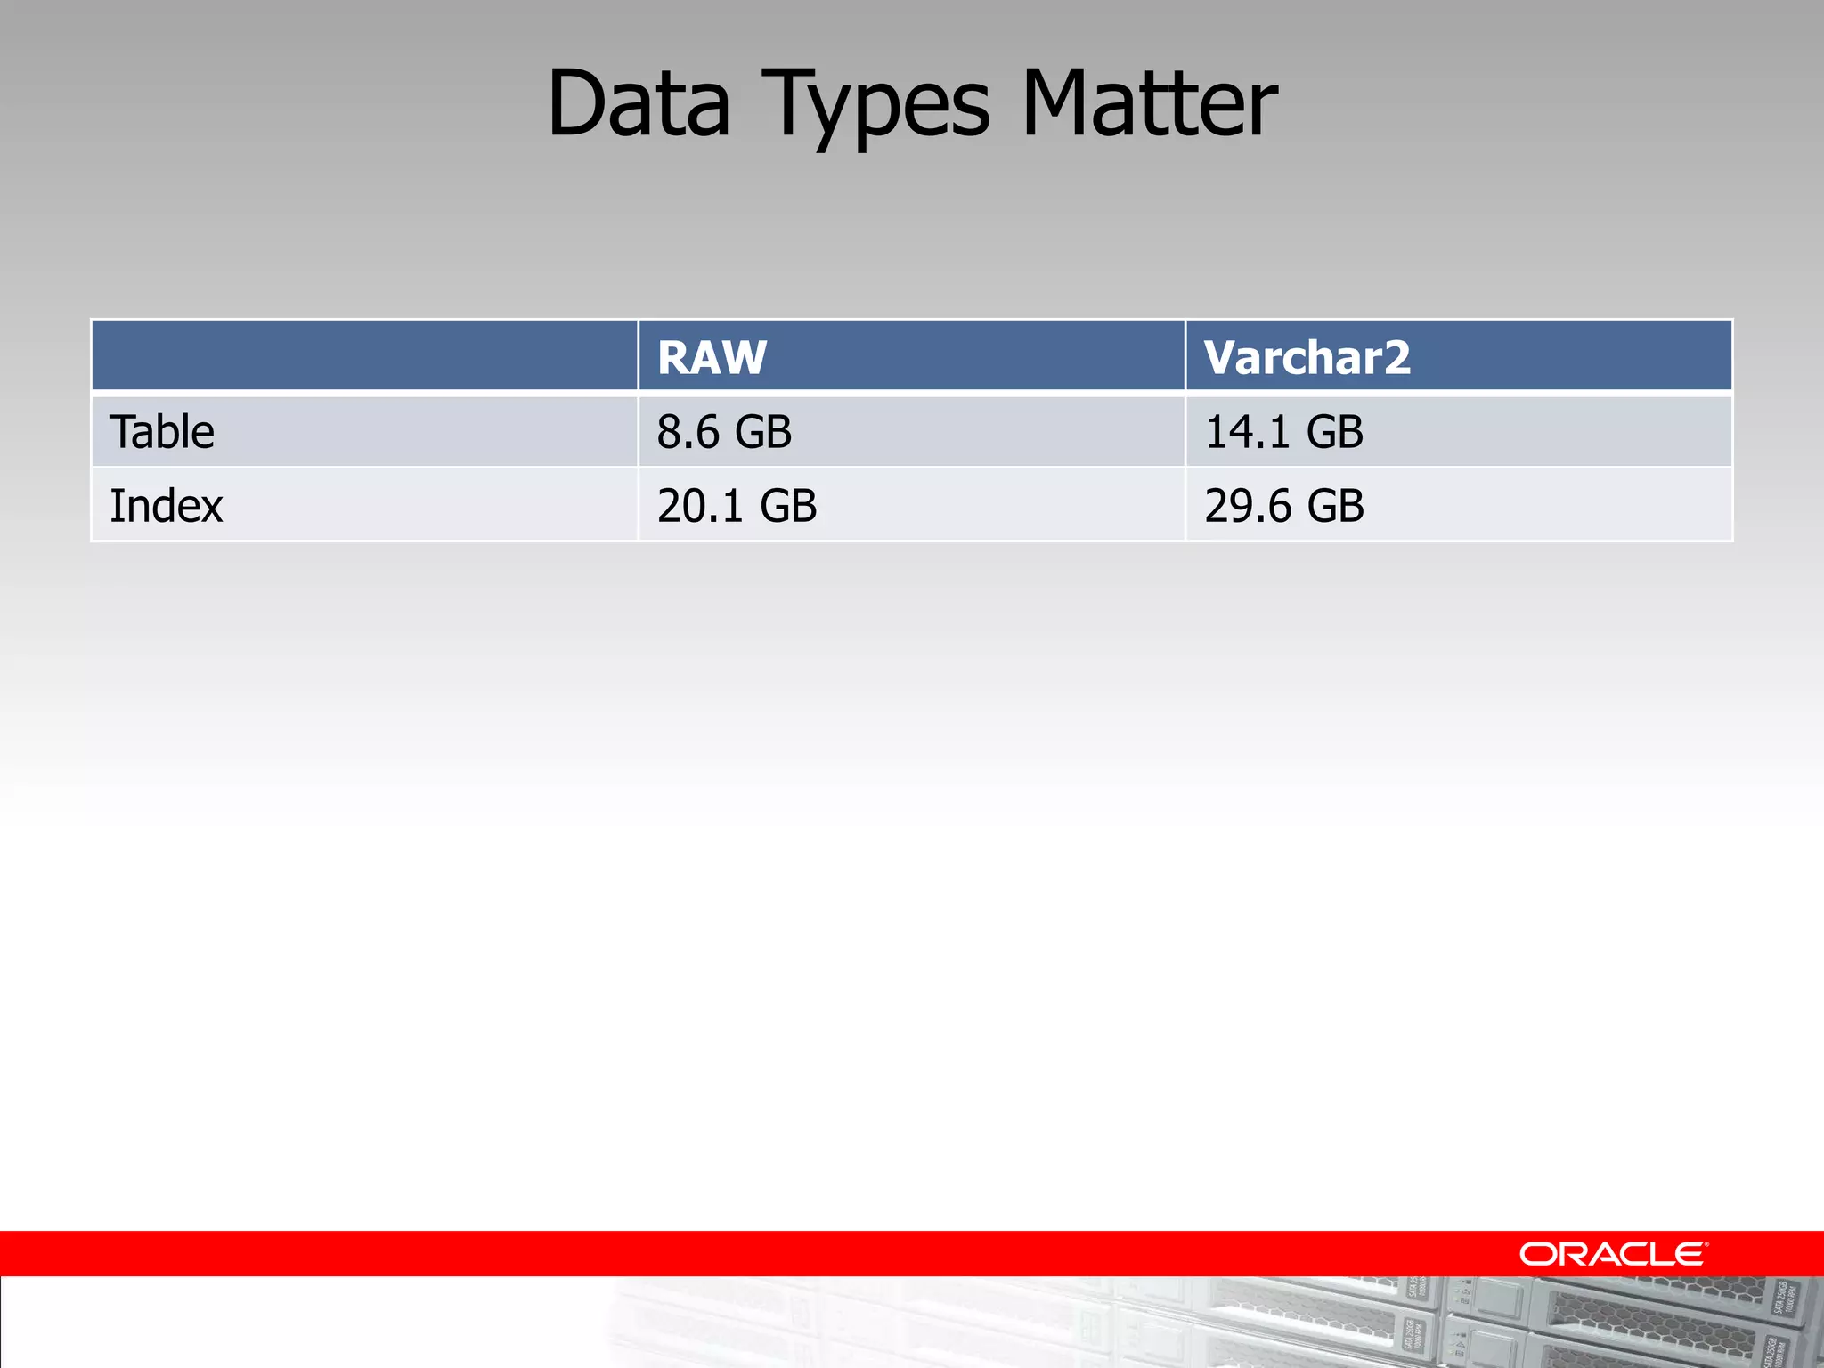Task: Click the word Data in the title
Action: [x=639, y=104]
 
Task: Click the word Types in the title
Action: [x=877, y=104]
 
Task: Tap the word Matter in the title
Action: [x=1149, y=104]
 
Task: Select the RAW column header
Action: [x=712, y=357]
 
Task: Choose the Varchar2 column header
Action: [x=1307, y=357]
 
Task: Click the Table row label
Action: [x=162, y=432]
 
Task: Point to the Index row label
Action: [x=167, y=506]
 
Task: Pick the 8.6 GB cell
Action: [x=724, y=432]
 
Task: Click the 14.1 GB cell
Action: [x=1283, y=432]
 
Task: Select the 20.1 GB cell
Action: [x=737, y=506]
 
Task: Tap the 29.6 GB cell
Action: [x=1284, y=506]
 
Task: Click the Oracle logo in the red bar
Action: [x=1613, y=1254]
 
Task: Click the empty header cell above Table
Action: [x=364, y=355]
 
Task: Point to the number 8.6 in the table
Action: [x=688, y=432]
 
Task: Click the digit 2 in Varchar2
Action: [x=1397, y=357]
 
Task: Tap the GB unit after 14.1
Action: [x=1335, y=432]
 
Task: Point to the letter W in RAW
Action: [x=745, y=357]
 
